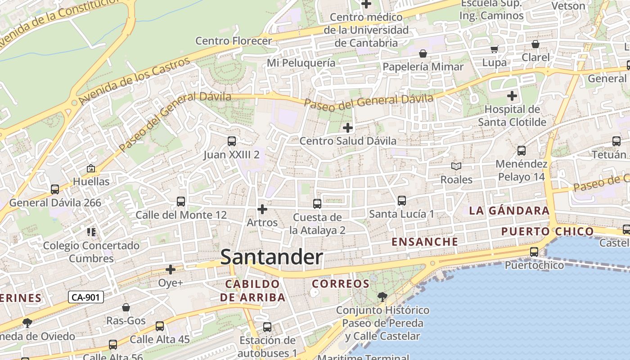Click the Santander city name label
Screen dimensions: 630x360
272,257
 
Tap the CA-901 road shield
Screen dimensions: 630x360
86,297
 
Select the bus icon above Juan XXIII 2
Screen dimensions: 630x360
232,141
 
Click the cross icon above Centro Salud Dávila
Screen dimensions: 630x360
348,128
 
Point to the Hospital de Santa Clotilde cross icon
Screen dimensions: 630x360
512,96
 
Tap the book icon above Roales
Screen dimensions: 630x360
456,166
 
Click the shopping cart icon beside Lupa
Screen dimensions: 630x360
495,49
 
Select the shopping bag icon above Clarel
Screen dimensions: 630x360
535,44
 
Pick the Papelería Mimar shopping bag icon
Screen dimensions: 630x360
423,54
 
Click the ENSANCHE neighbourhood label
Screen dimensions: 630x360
425,242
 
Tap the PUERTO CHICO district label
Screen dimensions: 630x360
548,232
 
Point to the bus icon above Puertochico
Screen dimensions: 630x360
534,252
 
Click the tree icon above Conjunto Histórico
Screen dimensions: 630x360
382,297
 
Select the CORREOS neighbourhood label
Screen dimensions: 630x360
341,284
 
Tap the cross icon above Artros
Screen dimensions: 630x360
262,209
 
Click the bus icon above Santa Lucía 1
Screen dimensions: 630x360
402,201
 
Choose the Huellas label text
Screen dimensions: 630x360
91,182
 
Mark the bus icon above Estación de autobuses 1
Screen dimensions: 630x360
267,327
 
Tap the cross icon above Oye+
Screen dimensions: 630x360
171,270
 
